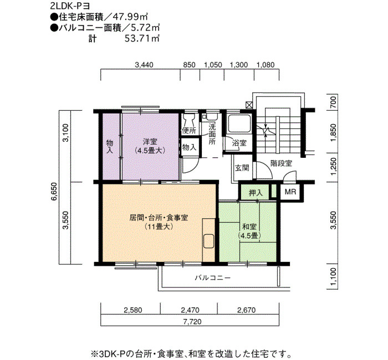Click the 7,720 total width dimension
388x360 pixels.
tap(192, 321)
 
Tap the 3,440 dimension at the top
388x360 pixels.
tap(144, 65)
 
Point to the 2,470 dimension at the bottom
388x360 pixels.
tap(190, 310)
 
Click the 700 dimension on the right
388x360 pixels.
tap(333, 101)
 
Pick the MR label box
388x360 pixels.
tap(290, 192)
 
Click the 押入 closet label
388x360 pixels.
tap(256, 193)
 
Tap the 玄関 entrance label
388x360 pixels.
tap(242, 168)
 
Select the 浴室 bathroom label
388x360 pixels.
tap(239, 143)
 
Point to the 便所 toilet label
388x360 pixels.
tap(189, 131)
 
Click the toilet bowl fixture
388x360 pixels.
tap(190, 120)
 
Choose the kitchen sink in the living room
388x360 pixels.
tap(208, 241)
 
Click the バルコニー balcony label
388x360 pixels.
tap(212, 277)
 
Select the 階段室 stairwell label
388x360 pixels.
tap(281, 163)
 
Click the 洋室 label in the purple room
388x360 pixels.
tap(150, 142)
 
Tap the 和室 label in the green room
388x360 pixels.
tap(249, 227)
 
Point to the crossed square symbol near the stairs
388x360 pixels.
tap(249, 105)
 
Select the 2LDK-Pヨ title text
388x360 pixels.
tap(69, 6)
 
